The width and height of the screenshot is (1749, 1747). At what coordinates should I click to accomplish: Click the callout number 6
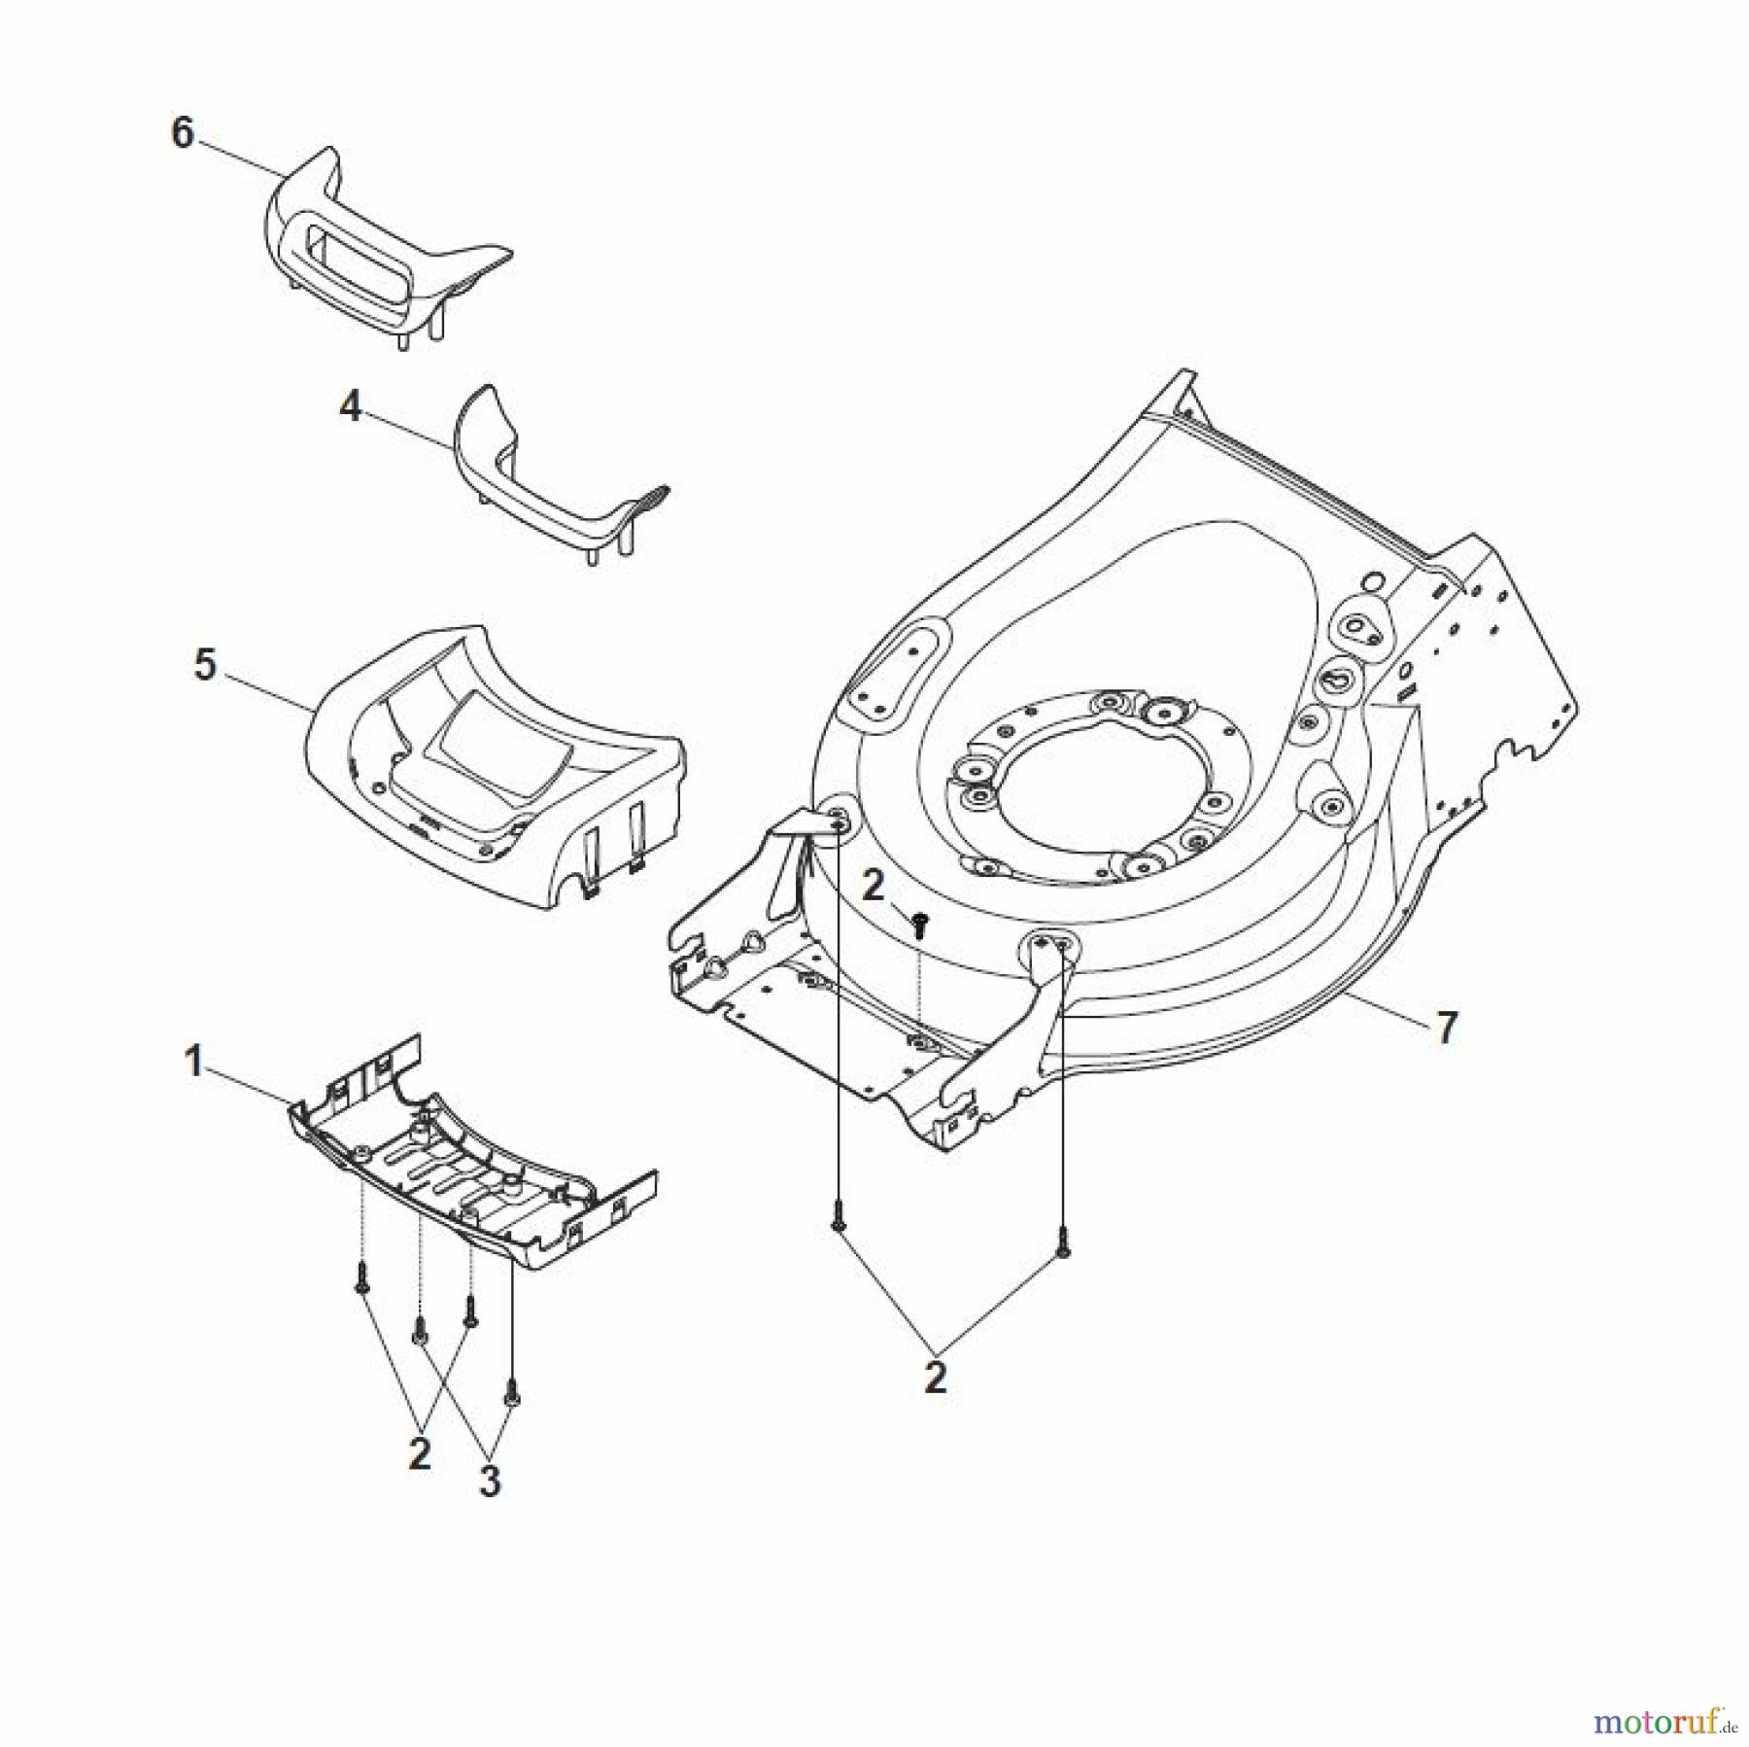[x=183, y=133]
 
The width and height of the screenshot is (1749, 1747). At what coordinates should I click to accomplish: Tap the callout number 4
[x=350, y=406]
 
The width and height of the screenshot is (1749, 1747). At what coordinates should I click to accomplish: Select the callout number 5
[x=204, y=666]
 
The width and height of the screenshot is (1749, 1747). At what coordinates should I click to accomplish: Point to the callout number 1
[x=194, y=1062]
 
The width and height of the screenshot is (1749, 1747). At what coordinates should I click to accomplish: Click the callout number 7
[x=1446, y=1029]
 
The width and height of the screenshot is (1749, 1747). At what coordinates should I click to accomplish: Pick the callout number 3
[x=490, y=1482]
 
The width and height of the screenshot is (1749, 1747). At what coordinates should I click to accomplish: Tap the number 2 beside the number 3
[x=420, y=1454]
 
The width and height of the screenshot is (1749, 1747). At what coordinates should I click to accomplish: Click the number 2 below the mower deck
[x=935, y=1378]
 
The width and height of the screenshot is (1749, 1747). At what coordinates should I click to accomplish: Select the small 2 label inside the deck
[x=874, y=886]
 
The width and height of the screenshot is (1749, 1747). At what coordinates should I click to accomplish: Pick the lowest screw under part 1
[x=510, y=1393]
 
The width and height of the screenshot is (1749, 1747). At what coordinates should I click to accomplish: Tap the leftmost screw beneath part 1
[x=360, y=1276]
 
